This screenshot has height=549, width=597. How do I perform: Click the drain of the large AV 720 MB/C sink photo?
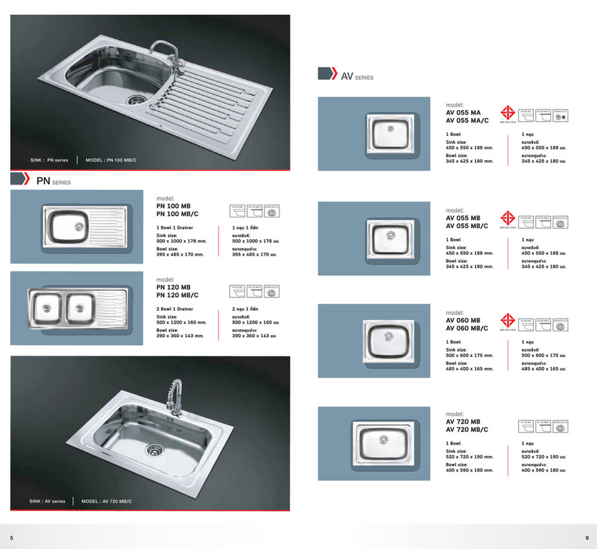pos(152,450)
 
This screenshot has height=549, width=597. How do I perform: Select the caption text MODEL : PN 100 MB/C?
pos(110,160)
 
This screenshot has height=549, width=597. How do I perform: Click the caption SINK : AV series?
pos(47,501)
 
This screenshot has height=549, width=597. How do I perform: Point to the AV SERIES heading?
pos(356,76)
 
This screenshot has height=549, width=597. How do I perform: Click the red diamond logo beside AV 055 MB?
pos(508,218)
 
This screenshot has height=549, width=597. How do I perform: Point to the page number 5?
pos(11,537)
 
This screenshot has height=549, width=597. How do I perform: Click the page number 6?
pos(586,537)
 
